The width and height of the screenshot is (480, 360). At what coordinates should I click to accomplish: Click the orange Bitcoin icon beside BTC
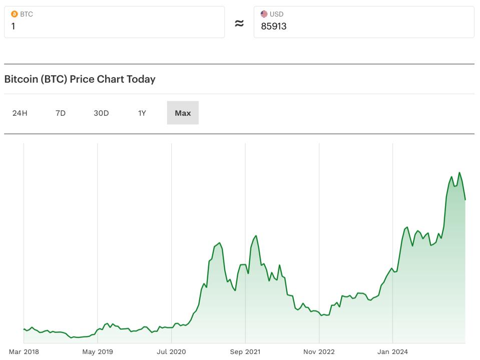click(14, 14)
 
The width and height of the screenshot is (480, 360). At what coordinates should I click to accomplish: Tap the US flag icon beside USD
click(264, 14)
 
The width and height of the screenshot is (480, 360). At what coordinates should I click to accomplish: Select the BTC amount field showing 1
click(114, 26)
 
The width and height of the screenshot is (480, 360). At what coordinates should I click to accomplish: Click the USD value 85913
click(274, 26)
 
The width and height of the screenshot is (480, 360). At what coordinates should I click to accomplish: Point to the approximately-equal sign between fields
click(239, 23)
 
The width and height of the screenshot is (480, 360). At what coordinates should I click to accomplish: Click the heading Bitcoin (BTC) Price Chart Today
click(80, 79)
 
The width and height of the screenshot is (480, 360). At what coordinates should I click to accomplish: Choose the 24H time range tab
click(20, 113)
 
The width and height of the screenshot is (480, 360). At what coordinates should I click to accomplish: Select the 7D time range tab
click(61, 113)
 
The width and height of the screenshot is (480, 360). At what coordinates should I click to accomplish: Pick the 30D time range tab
click(101, 113)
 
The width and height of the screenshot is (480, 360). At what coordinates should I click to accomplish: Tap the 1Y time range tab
click(142, 113)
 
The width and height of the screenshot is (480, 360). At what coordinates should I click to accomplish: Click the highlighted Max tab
click(183, 113)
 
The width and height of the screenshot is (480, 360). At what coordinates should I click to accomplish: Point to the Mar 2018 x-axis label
click(24, 352)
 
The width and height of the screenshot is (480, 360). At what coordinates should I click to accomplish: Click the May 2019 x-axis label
click(98, 352)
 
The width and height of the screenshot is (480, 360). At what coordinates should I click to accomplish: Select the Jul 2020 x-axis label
click(171, 352)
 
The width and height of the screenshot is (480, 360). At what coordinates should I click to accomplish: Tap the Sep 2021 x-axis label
click(245, 352)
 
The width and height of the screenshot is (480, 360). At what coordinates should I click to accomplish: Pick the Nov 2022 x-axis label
click(319, 352)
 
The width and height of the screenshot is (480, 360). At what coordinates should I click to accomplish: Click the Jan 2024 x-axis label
click(392, 352)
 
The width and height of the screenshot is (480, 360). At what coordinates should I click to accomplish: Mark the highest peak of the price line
click(459, 173)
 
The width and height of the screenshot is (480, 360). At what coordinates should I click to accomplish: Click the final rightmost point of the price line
click(465, 200)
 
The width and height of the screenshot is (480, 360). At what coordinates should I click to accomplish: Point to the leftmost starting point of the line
click(24, 329)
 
